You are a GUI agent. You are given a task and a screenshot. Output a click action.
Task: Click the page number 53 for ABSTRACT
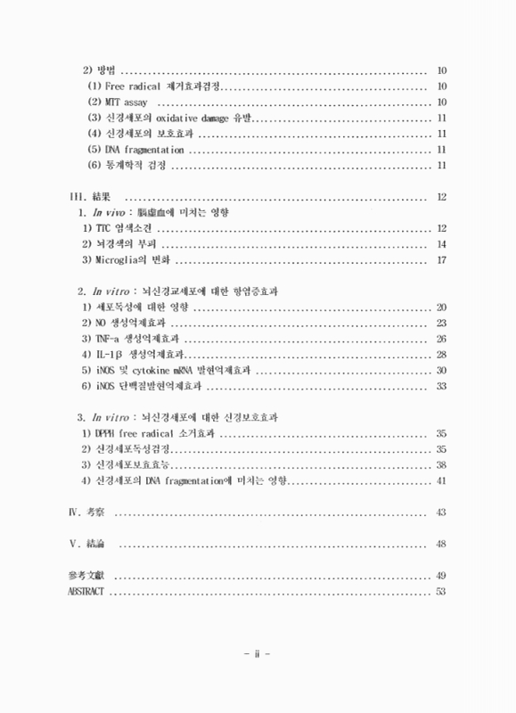pyautogui.click(x=440, y=592)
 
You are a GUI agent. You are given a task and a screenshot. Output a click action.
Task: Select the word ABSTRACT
pyautogui.click(x=86, y=592)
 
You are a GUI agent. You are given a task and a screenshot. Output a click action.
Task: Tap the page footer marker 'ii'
pyautogui.click(x=258, y=653)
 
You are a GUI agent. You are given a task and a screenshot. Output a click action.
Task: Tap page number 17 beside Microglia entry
pyautogui.click(x=440, y=260)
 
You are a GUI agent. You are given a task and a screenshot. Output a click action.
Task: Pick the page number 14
pyautogui.click(x=440, y=244)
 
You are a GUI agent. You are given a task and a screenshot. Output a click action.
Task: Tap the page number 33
pyautogui.click(x=440, y=386)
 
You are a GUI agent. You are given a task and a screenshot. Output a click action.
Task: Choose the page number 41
pyautogui.click(x=440, y=480)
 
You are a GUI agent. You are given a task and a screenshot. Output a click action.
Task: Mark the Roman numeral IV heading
pyautogui.click(x=74, y=512)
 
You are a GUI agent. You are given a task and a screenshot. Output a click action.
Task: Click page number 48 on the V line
pyautogui.click(x=440, y=544)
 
